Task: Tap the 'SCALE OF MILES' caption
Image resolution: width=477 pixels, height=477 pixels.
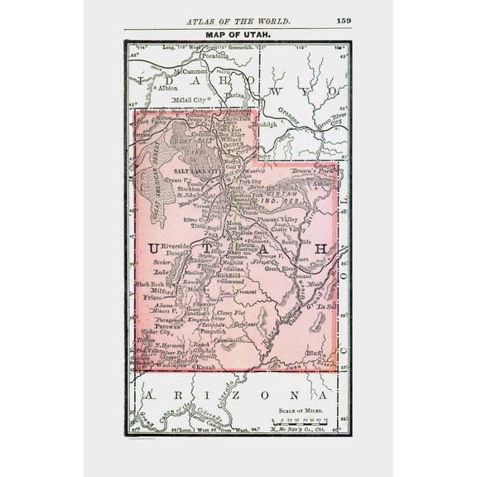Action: (x=303, y=411)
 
